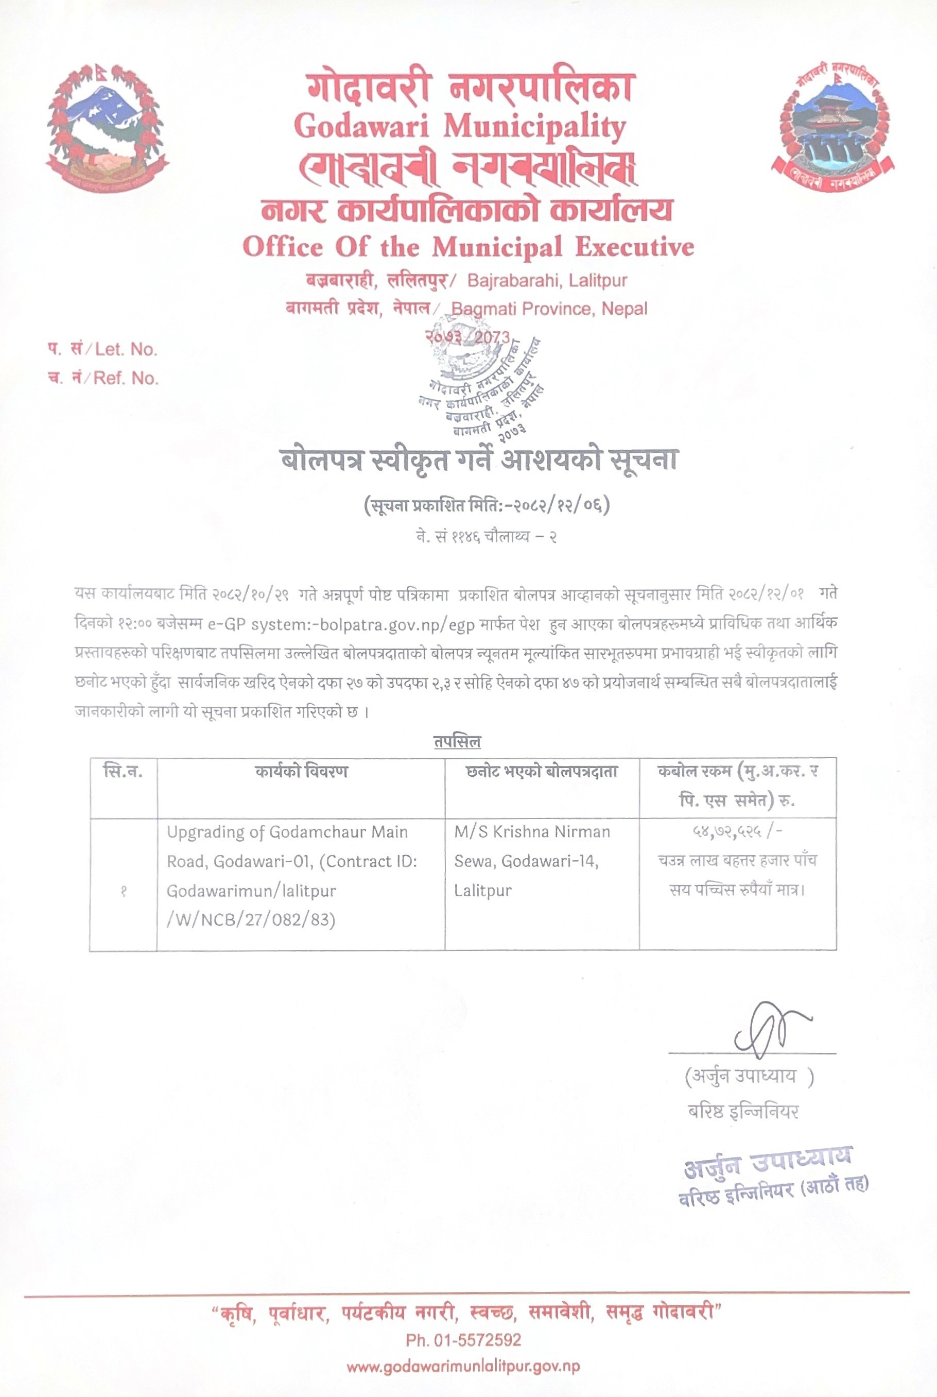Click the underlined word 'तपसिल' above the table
(457, 742)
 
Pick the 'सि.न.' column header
(123, 771)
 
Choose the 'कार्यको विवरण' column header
(301, 771)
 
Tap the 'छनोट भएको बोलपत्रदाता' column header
(542, 771)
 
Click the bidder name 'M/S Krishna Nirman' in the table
(532, 831)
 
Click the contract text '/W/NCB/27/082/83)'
(251, 919)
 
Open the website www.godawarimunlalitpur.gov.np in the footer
(463, 1367)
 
